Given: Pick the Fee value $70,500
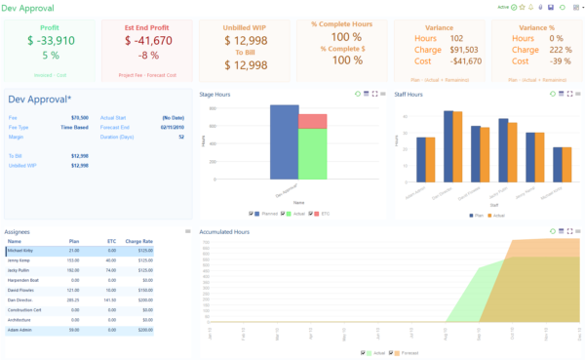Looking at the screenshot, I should click(80, 117).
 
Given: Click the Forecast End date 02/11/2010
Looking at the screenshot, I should click(172, 127).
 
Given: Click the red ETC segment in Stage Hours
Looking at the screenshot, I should click(312, 121).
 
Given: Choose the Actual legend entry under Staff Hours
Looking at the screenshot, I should click(498, 215).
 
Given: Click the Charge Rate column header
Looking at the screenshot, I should click(139, 241).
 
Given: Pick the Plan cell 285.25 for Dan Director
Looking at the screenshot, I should click(71, 300).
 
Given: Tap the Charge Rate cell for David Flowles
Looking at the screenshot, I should click(145, 291).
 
